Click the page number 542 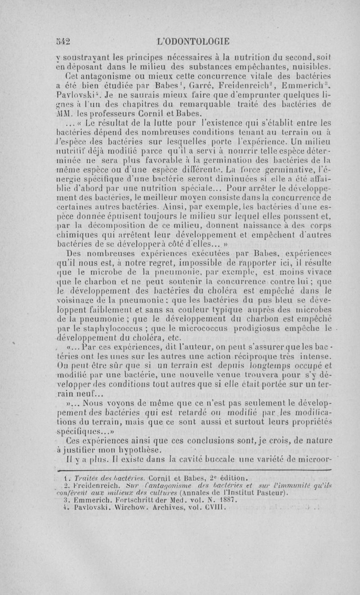64,42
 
